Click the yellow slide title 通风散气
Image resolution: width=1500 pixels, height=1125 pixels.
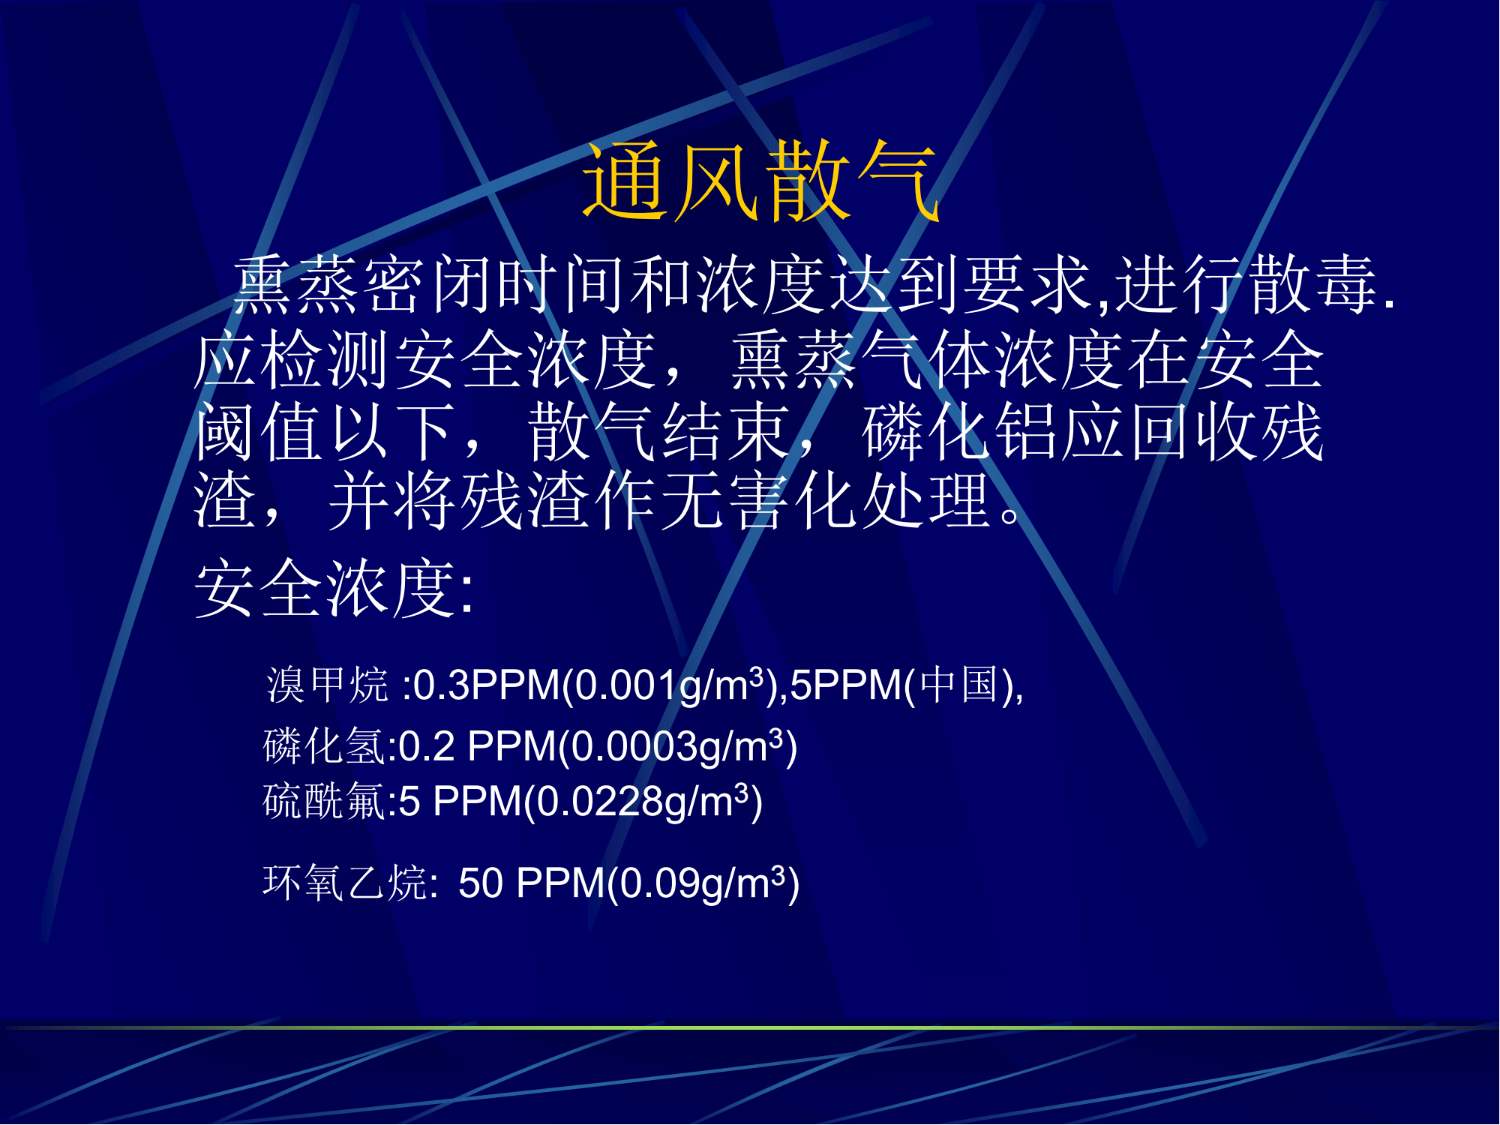click(760, 182)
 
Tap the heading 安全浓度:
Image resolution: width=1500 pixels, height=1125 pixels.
click(334, 589)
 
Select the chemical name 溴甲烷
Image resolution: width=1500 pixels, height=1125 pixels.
click(328, 685)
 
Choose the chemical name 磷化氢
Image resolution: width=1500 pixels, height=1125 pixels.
click(325, 746)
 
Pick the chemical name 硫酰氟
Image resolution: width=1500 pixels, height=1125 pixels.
click(325, 801)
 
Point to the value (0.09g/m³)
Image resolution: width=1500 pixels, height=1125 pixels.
click(703, 883)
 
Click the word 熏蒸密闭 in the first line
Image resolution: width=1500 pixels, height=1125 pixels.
click(363, 284)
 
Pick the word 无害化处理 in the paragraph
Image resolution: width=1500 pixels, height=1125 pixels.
click(825, 500)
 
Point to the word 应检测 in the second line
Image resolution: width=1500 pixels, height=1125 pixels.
click(292, 360)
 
